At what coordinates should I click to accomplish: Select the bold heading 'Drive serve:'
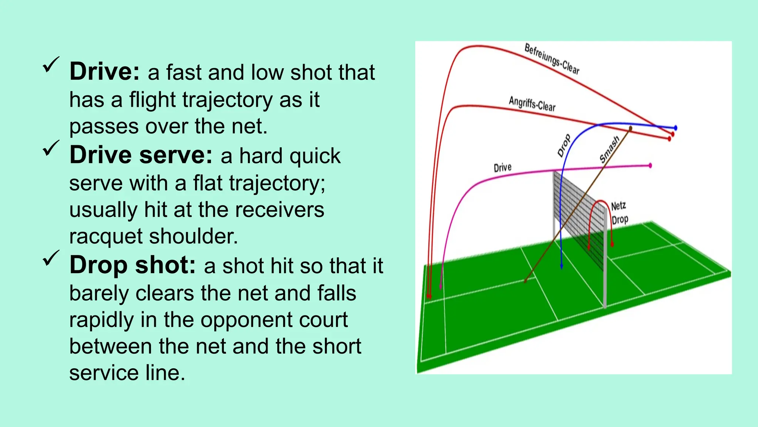click(141, 155)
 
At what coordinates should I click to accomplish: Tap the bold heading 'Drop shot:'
click(133, 265)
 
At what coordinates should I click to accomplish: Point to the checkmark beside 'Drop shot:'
click(51, 258)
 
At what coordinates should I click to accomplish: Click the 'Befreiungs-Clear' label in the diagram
click(552, 59)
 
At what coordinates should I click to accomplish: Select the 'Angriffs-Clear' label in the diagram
click(532, 103)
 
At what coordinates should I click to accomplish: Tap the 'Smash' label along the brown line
click(609, 149)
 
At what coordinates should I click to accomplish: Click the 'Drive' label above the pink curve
click(503, 168)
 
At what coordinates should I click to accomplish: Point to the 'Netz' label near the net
click(618, 206)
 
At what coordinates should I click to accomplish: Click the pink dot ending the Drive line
click(650, 165)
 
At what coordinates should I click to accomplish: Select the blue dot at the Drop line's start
click(675, 128)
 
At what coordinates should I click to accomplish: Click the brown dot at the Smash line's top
click(630, 128)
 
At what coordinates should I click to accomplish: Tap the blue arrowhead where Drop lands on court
click(561, 266)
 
